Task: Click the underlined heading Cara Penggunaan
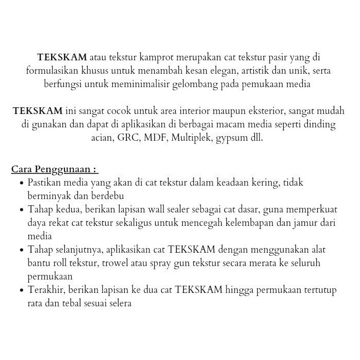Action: [x=54, y=169]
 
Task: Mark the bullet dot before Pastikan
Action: [x=21, y=183]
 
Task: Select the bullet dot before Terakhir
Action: [x=21, y=290]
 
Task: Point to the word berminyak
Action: [x=47, y=196]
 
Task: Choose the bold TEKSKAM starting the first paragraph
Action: [x=62, y=57]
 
